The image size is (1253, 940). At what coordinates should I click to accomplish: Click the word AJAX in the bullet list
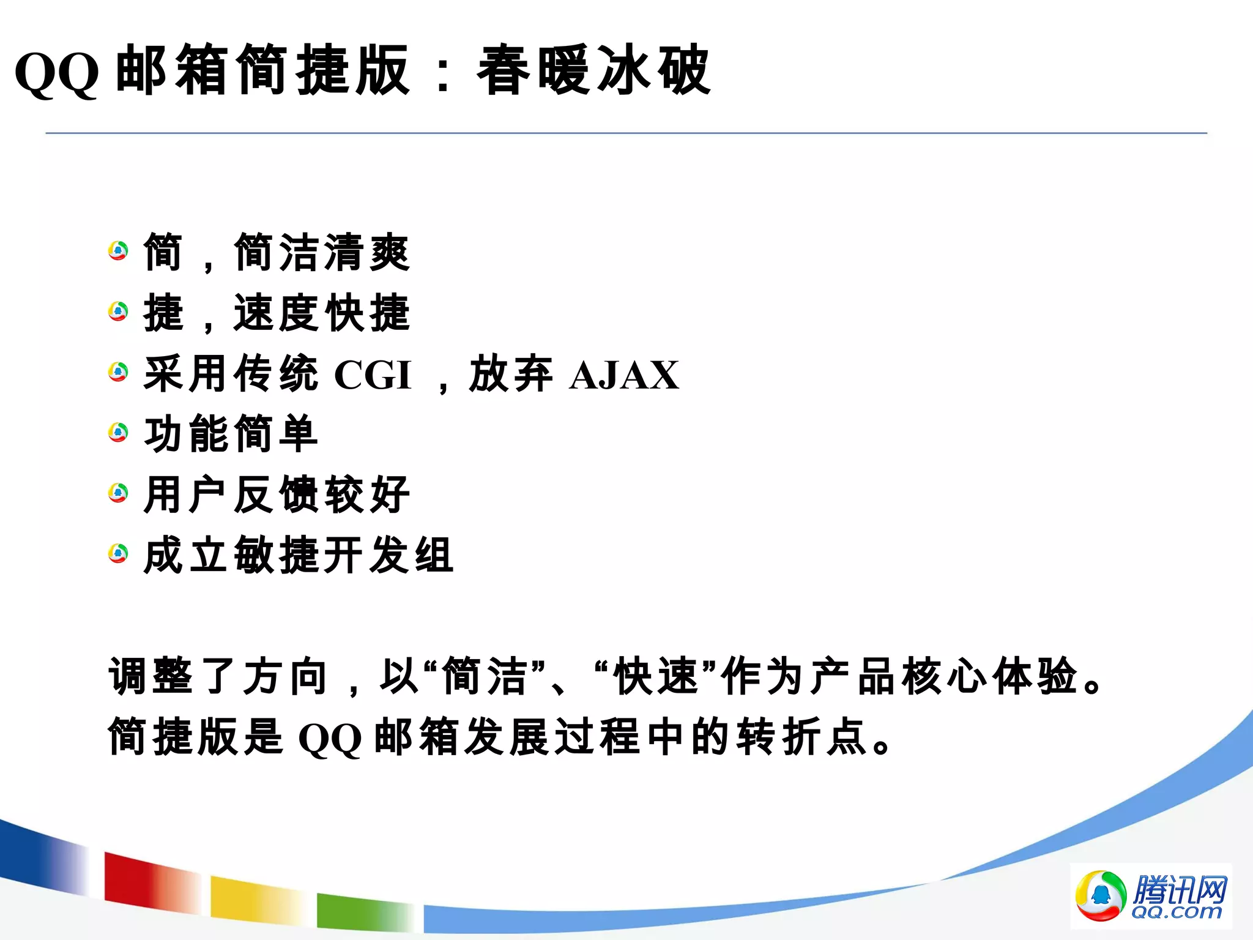point(624,375)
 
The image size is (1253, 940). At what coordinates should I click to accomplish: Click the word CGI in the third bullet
point(373,375)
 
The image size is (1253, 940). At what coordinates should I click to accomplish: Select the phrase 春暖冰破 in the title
point(593,71)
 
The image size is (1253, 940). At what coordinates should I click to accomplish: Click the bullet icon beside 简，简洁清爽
point(118,251)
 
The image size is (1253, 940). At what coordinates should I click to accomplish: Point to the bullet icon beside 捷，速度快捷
point(118,311)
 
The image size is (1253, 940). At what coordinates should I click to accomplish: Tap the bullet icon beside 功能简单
point(118,433)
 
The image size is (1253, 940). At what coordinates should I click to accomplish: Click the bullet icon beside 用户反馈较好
point(118,493)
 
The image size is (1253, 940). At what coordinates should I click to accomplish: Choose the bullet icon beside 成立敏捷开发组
point(118,553)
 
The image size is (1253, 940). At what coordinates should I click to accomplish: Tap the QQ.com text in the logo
point(1176,912)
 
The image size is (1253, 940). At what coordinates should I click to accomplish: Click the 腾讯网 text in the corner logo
point(1180,889)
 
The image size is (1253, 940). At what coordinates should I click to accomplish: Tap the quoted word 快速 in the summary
point(656,677)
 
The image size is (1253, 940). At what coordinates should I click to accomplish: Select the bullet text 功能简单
point(231,434)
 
